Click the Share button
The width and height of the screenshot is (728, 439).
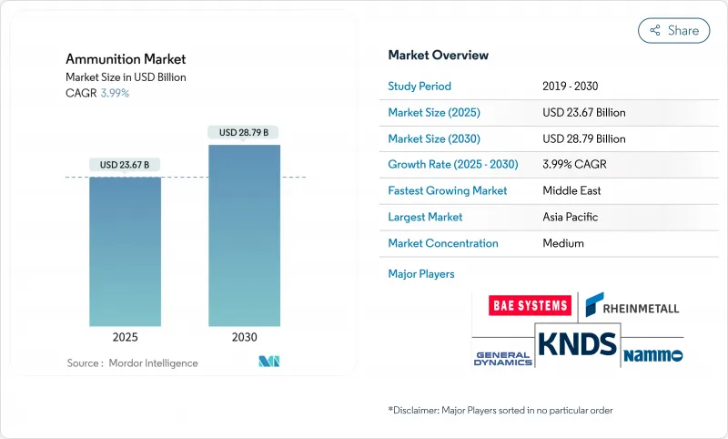(x=674, y=30)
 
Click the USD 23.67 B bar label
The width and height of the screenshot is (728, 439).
(x=126, y=165)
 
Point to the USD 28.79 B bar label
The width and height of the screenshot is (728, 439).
(x=244, y=133)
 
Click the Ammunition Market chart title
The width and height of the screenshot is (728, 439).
(x=126, y=59)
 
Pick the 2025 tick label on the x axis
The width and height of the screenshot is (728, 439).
(x=126, y=336)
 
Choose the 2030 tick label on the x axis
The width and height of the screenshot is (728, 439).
(x=244, y=336)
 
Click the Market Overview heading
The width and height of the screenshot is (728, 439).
(x=439, y=55)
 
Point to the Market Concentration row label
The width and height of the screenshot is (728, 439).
(x=443, y=243)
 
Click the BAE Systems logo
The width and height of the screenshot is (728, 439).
(x=529, y=305)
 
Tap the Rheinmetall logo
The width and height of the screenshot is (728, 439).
(x=632, y=305)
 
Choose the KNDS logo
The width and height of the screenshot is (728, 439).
(x=577, y=344)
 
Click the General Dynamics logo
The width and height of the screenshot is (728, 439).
(x=502, y=356)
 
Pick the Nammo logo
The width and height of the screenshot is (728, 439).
(x=653, y=354)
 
